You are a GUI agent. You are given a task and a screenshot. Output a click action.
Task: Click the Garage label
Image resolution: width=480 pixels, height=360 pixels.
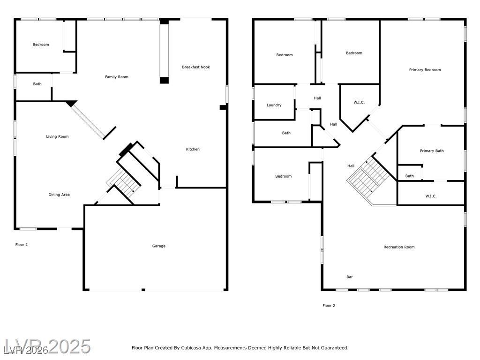click(158, 246)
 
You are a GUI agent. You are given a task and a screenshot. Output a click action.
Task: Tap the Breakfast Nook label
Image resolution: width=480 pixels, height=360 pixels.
click(196, 67)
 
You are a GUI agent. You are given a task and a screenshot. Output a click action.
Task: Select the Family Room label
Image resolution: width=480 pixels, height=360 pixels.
click(117, 77)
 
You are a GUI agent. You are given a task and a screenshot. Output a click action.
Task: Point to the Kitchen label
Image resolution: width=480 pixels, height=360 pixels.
click(193, 149)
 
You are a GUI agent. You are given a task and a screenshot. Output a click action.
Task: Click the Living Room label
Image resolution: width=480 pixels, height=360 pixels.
click(57, 136)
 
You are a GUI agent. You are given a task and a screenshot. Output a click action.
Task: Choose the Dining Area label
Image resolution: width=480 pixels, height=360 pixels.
click(59, 195)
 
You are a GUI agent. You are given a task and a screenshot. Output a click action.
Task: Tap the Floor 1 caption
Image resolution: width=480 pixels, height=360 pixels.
click(22, 245)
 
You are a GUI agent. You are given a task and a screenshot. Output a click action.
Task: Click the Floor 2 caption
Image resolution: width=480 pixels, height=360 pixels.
click(329, 306)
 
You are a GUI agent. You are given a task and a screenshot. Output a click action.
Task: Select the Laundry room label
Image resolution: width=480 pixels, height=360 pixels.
click(274, 105)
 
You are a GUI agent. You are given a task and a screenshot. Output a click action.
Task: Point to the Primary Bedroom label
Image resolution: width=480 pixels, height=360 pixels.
click(425, 70)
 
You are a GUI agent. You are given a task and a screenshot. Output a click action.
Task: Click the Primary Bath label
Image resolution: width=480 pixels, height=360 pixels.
click(432, 150)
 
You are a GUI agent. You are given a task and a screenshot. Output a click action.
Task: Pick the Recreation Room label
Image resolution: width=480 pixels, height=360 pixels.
click(399, 247)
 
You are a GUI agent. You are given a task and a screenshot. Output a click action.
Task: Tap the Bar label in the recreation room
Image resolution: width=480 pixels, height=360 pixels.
click(350, 277)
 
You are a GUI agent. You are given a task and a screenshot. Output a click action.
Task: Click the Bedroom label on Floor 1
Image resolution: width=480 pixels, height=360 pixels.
click(41, 45)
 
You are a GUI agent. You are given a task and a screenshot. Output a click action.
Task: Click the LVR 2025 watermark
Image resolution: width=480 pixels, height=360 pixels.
click(47, 346)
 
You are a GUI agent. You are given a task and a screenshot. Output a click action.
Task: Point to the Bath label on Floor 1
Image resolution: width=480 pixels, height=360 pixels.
click(37, 84)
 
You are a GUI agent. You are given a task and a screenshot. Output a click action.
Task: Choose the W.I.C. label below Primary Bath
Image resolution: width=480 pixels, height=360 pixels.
click(431, 196)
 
